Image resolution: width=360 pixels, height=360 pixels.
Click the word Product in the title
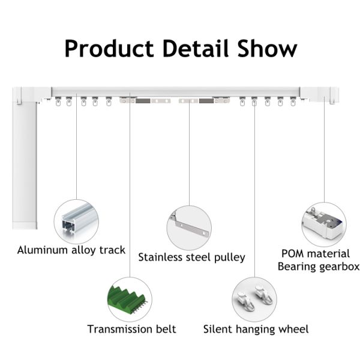point(109,49)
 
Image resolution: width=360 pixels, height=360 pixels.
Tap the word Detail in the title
point(196,48)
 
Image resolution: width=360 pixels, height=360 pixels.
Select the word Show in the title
point(268,48)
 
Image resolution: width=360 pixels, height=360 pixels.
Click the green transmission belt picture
point(127,299)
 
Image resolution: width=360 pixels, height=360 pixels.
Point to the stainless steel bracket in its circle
point(190,226)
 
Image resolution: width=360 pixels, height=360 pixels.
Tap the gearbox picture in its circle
point(323,223)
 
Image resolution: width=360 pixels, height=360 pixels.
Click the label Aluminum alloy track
point(71,250)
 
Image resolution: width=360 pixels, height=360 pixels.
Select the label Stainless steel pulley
point(192,257)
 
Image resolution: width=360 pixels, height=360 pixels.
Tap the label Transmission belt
point(131,329)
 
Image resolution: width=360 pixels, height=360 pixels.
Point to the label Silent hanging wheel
point(256,329)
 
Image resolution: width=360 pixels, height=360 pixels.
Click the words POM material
point(316,254)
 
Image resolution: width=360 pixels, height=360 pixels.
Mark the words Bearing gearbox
point(319,267)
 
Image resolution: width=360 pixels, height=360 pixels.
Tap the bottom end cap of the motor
point(25,225)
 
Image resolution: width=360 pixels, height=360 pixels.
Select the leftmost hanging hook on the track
point(58,101)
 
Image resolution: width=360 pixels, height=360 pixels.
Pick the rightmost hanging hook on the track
point(293,101)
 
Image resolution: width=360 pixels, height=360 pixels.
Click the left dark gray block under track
point(143,101)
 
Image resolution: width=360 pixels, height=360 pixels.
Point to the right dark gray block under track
point(206,101)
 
